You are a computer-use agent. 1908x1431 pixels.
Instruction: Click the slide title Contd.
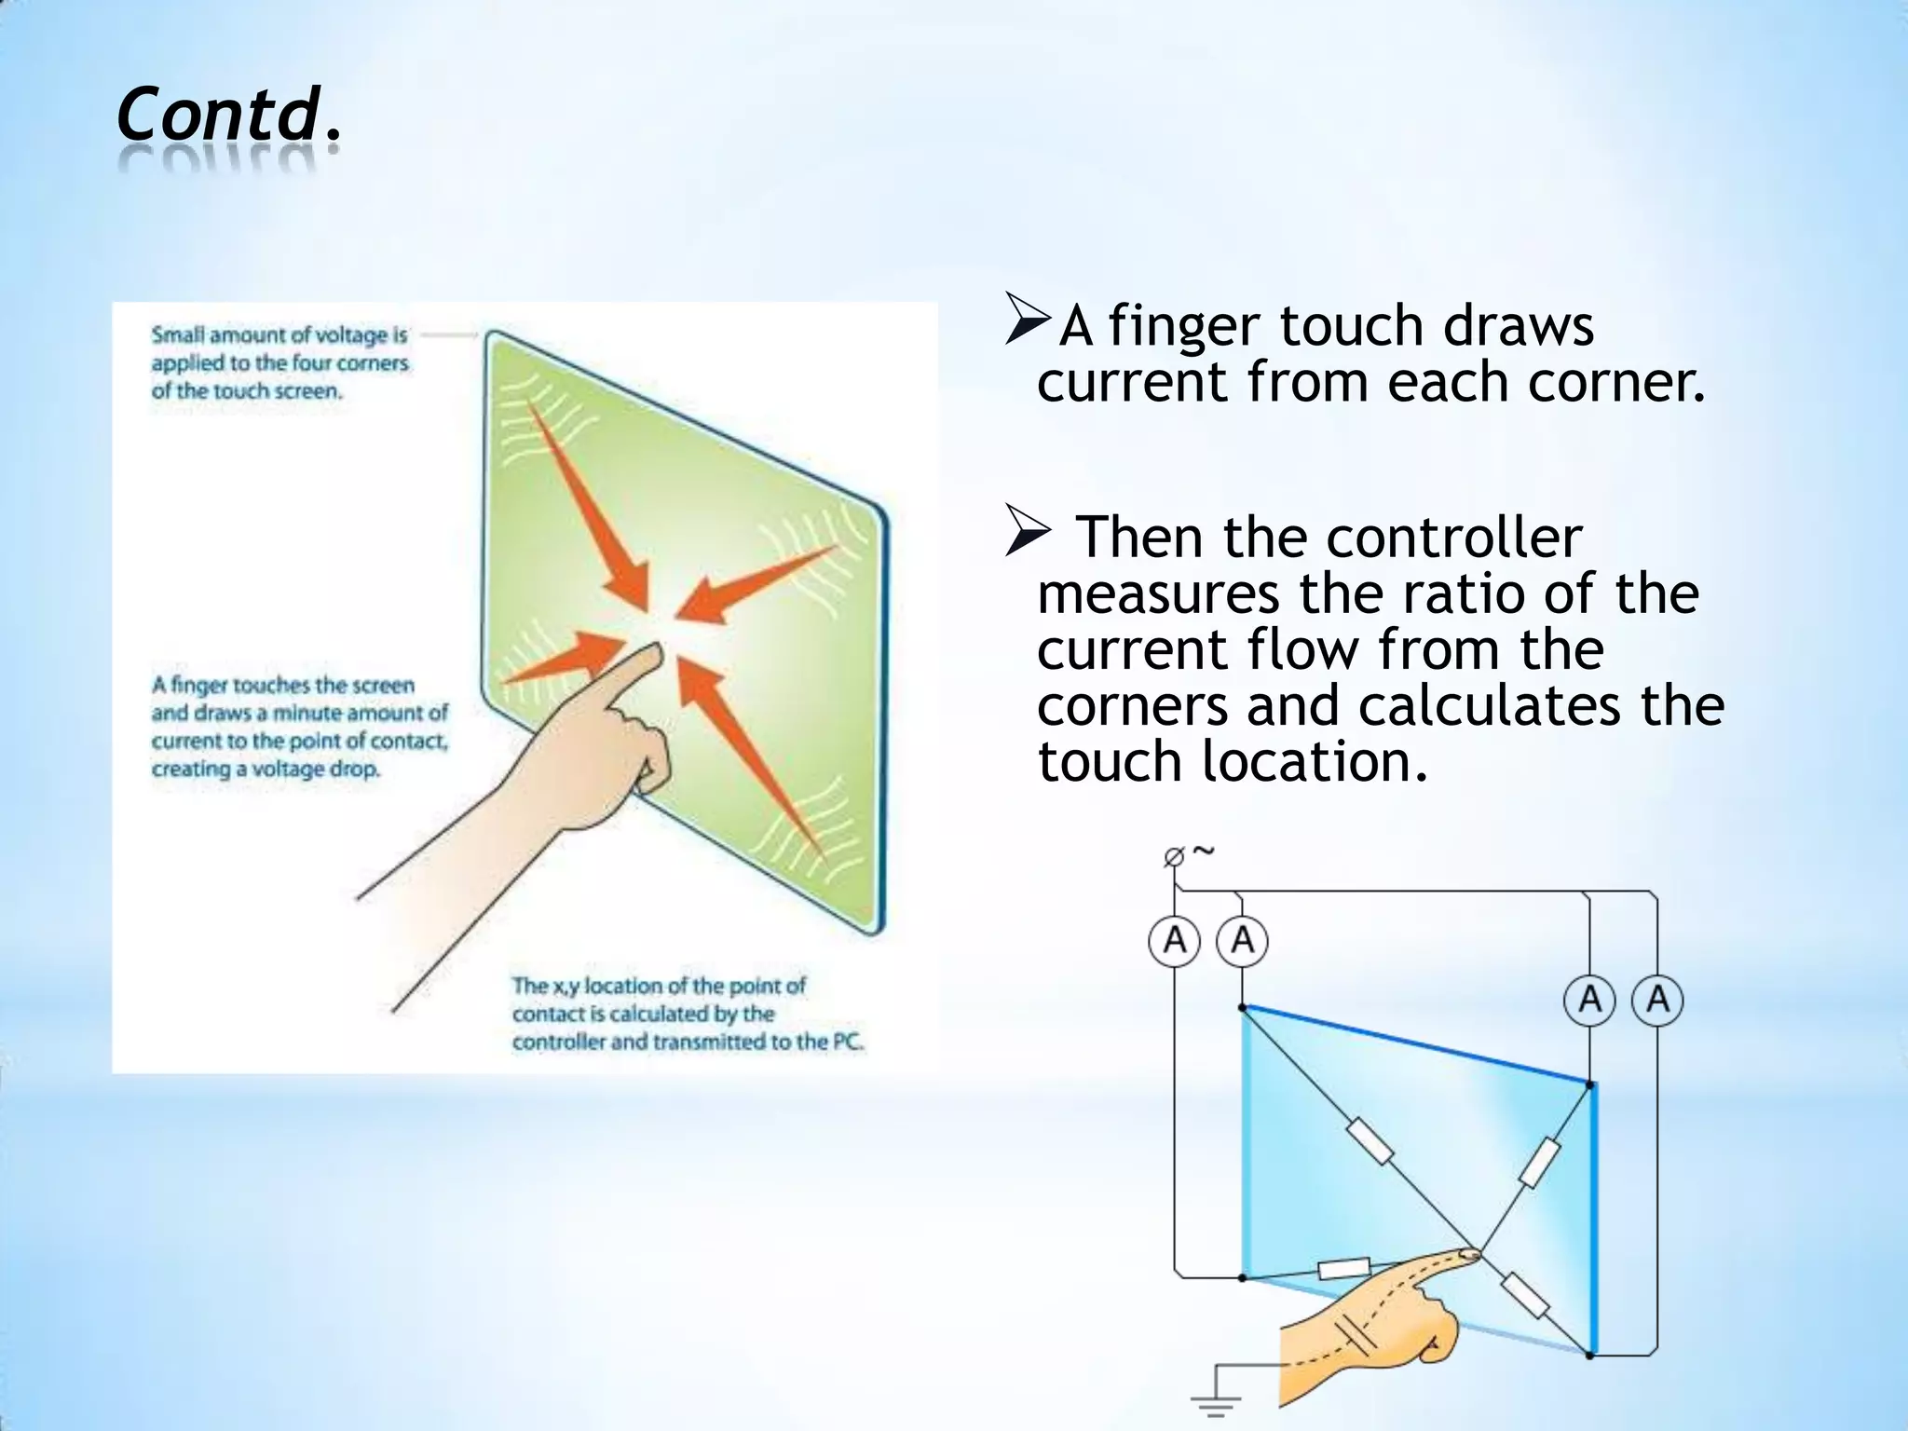(229, 116)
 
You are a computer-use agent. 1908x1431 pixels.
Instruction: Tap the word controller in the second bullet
(1453, 538)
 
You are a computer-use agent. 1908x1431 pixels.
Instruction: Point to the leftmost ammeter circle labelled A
(1174, 941)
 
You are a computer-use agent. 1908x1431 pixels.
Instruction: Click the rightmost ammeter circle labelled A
(1657, 1001)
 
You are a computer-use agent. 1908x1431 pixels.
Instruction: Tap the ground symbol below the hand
(1215, 1403)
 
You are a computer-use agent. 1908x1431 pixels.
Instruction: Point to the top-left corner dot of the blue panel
(1243, 1007)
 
